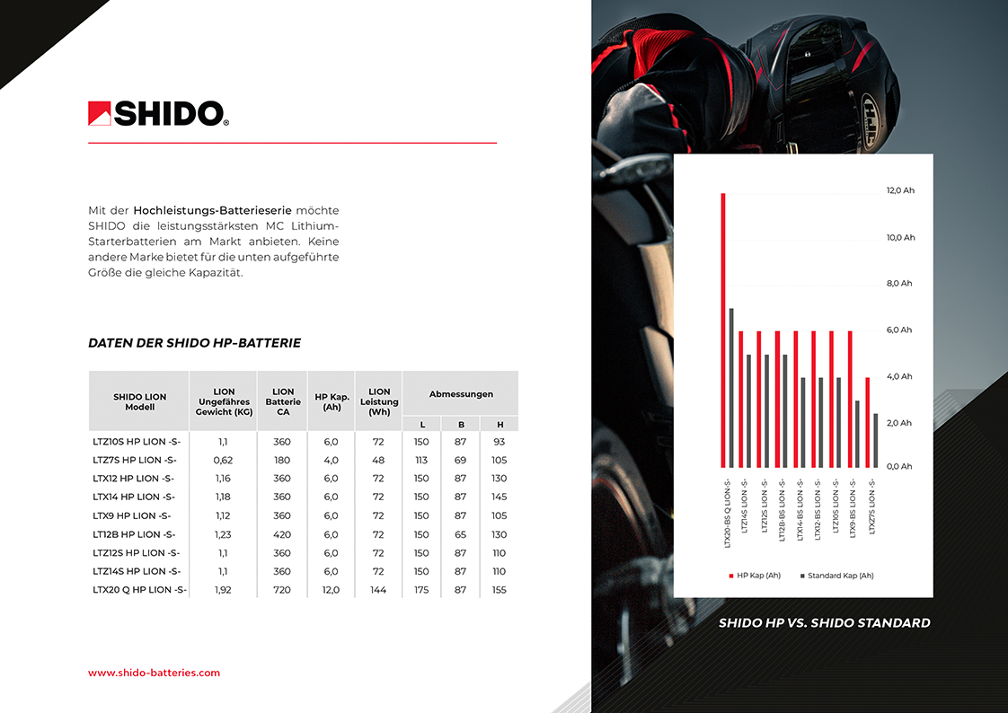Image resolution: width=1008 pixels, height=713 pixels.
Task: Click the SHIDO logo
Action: click(158, 113)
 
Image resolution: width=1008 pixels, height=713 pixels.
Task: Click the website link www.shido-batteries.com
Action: click(154, 673)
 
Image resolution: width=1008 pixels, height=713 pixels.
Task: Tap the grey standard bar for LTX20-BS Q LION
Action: click(731, 388)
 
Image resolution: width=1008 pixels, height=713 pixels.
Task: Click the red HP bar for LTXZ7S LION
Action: click(867, 422)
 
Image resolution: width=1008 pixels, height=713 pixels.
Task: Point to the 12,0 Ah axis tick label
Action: click(900, 191)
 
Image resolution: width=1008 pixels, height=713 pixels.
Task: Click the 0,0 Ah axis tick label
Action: click(899, 467)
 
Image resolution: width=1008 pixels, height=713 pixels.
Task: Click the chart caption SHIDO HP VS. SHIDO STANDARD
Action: click(824, 623)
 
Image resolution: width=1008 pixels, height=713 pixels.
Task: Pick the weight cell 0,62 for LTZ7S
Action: click(224, 460)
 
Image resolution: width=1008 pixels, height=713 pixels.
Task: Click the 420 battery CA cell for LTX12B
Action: click(282, 534)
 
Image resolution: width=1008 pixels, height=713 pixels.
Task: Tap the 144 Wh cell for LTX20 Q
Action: click(378, 590)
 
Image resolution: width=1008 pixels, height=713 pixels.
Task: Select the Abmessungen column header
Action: click(460, 394)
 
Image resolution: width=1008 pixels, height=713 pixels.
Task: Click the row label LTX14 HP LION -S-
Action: click(133, 497)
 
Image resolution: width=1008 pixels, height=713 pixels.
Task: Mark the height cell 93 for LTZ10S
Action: click(500, 442)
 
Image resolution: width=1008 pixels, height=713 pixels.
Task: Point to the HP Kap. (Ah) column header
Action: click(331, 401)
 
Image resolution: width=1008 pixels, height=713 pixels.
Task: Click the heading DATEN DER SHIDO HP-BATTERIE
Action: click(194, 343)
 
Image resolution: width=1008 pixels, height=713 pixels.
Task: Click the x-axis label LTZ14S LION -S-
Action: click(742, 507)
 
